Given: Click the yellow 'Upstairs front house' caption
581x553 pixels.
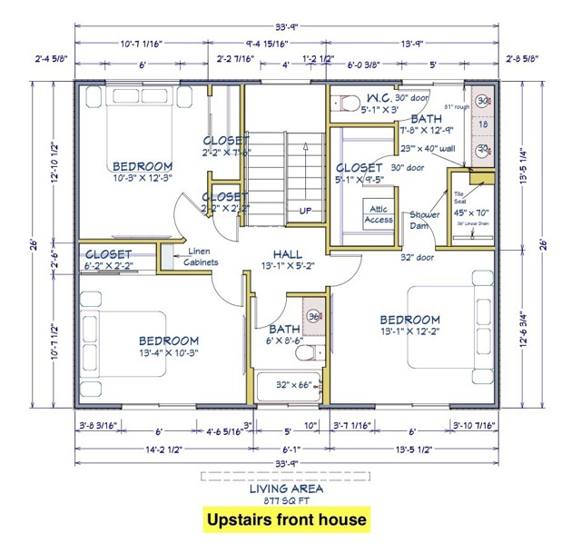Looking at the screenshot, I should coord(285,519).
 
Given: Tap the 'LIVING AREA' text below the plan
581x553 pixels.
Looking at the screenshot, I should coord(285,489).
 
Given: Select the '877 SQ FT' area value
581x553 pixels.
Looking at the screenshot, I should coord(285,499).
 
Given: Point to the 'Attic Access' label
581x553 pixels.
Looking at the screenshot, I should coord(379,214).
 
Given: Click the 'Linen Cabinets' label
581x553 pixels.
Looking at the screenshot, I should coord(203,257).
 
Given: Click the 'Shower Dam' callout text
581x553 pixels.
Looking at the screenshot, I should coord(425,221).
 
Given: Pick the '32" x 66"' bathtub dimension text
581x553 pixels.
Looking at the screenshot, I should coord(293,384).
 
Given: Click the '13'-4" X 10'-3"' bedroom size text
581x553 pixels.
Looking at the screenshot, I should coord(155,352).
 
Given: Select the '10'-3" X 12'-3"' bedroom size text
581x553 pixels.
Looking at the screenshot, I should coord(142,180).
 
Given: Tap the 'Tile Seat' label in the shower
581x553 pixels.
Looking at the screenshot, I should coord(459,197).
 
